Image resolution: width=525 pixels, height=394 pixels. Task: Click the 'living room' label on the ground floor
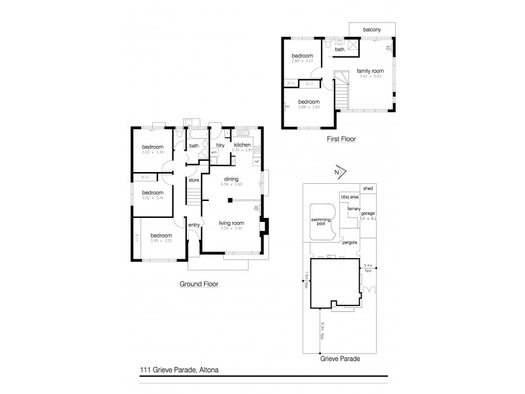tap(231, 223)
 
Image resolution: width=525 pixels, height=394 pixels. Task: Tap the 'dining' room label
tap(231, 179)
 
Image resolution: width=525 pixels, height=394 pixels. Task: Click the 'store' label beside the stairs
tap(194, 180)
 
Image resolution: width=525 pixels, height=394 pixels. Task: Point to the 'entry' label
tap(194, 226)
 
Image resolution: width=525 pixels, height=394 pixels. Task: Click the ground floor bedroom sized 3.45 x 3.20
tap(161, 235)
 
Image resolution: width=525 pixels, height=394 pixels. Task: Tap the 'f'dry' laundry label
tap(221, 145)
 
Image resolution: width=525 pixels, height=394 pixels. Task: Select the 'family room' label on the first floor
tap(369, 70)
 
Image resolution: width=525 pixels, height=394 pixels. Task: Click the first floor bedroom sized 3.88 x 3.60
tap(308, 102)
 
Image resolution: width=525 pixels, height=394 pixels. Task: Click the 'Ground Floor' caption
tap(198, 284)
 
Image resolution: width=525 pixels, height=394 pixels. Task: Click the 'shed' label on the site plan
tap(368, 187)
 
